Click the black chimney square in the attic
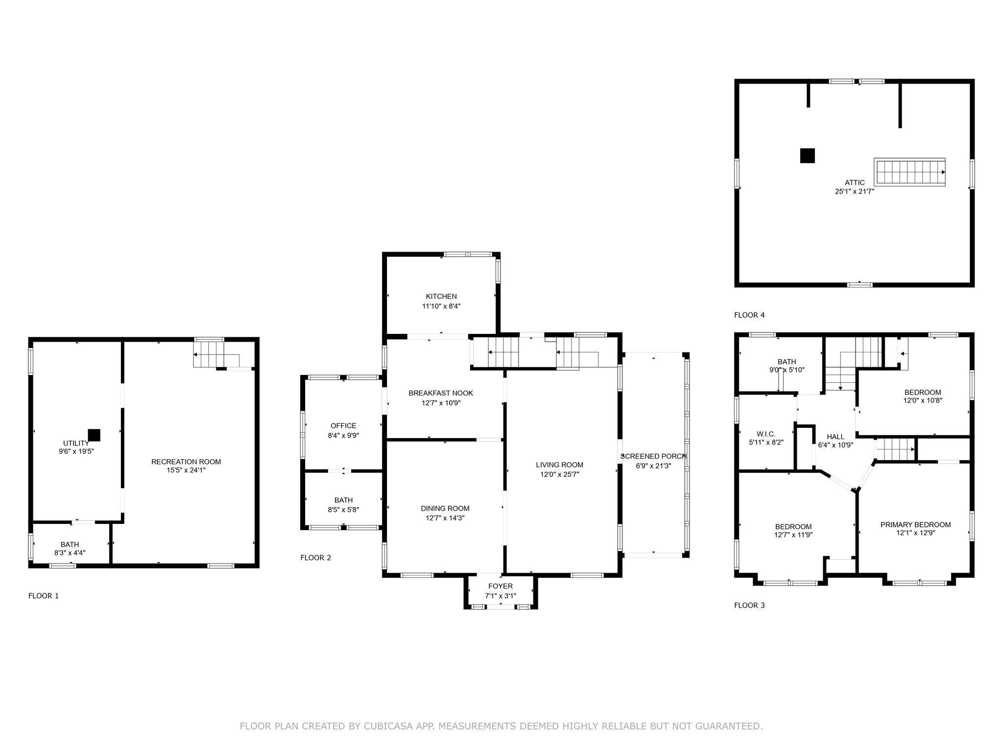click(x=808, y=156)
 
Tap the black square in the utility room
click(x=94, y=435)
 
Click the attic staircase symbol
click(x=910, y=172)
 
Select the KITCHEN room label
click(x=441, y=296)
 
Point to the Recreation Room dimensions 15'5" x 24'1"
click(x=186, y=470)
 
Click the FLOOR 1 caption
click(x=44, y=596)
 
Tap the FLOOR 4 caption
click(x=749, y=315)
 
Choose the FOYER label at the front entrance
click(x=501, y=586)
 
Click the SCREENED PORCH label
click(x=654, y=456)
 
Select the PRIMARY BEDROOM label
click(x=916, y=525)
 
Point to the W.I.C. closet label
click(x=766, y=434)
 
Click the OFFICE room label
click(x=343, y=426)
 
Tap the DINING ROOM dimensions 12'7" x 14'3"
click(x=445, y=517)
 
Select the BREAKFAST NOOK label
click(x=441, y=393)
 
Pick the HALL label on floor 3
click(x=836, y=437)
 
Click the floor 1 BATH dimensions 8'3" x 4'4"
click(x=70, y=553)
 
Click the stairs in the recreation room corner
click(x=216, y=354)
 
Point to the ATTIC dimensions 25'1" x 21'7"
click(x=855, y=192)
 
